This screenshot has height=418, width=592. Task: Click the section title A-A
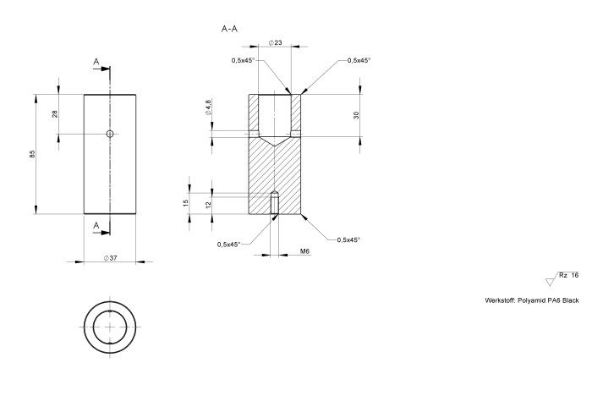[x=229, y=29]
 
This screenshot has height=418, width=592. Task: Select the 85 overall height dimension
[x=32, y=154]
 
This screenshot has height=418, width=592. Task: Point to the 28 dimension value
[x=55, y=113]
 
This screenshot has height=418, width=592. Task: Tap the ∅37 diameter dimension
[x=109, y=257]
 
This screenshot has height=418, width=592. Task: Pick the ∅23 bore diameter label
[x=275, y=42]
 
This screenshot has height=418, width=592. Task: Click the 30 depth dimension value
[x=357, y=114]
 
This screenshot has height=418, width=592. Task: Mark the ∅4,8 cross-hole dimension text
[x=208, y=107]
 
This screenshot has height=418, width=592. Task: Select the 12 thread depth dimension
[x=208, y=204]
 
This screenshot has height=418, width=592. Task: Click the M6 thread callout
[x=305, y=251]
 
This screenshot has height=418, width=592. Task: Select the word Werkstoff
[x=500, y=300]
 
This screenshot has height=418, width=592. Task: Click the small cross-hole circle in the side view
[x=110, y=134]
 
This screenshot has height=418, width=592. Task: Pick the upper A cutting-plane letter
[x=96, y=63]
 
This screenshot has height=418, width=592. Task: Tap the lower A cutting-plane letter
[x=96, y=225]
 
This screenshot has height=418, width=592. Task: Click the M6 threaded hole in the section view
[x=275, y=204]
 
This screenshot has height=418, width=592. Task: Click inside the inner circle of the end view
[x=110, y=326]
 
